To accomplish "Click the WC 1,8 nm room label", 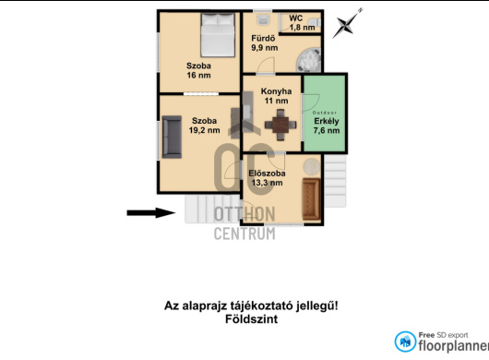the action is pyautogui.click(x=302, y=23).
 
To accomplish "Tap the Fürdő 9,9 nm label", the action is pyautogui.click(x=265, y=43).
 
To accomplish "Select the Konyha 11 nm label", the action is pyautogui.click(x=276, y=96).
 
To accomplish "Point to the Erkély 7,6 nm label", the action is pyautogui.click(x=327, y=126).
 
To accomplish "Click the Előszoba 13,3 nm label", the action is pyautogui.click(x=267, y=178).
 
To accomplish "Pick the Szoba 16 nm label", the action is pyautogui.click(x=198, y=70).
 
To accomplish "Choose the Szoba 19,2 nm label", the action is pyautogui.click(x=204, y=126).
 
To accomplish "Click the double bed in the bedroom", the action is pyautogui.click(x=218, y=35).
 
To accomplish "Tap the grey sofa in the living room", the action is pyautogui.click(x=172, y=137).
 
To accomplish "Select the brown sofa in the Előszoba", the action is pyautogui.click(x=311, y=199).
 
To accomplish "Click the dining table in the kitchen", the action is pyautogui.click(x=280, y=125).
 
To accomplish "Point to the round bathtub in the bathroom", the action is pyautogui.click(x=308, y=60).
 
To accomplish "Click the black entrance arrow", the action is pyautogui.click(x=151, y=212).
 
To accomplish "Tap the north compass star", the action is pyautogui.click(x=346, y=24).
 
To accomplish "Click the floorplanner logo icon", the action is pyautogui.click(x=405, y=342).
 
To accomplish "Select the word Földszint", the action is pyautogui.click(x=251, y=319).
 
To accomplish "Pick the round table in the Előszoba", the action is pyautogui.click(x=312, y=166).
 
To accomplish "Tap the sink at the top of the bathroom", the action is pyautogui.click(x=264, y=19).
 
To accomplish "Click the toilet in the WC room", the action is pyautogui.click(x=314, y=22).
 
